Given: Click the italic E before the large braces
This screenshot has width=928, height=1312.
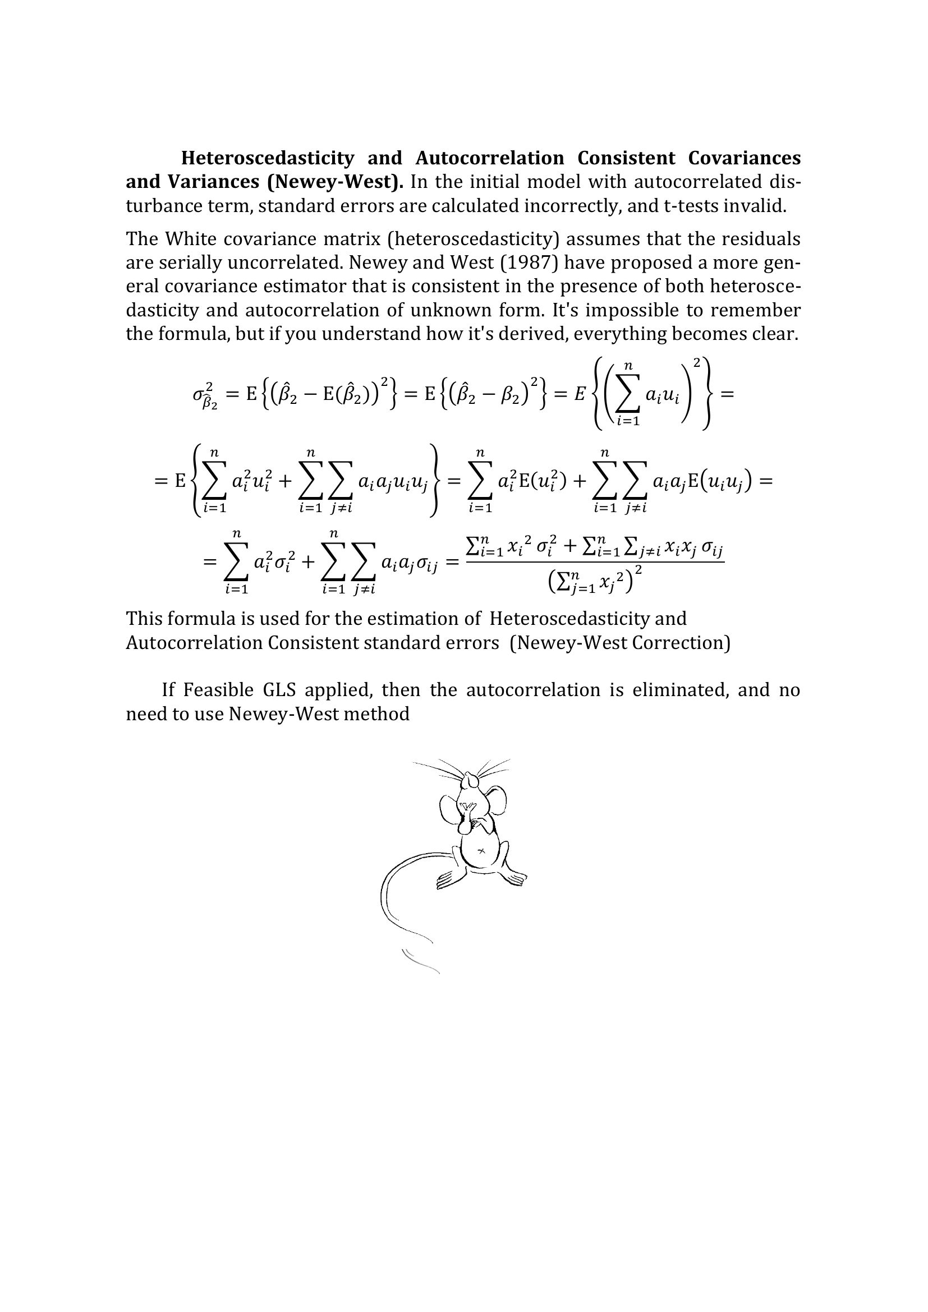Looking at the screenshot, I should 580,394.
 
